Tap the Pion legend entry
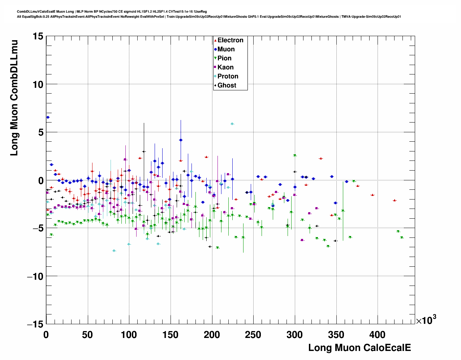point(224,58)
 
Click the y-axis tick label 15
point(37,36)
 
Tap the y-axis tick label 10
point(37,84)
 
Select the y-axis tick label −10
point(35,277)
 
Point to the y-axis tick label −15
point(35,325)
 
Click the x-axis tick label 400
point(378,334)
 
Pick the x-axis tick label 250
point(254,334)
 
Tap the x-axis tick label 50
point(87,334)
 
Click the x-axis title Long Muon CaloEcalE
point(359,348)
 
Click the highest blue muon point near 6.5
point(48,117)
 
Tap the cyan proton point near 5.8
point(232,124)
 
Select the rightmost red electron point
point(395,200)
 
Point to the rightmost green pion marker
point(402,237)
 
